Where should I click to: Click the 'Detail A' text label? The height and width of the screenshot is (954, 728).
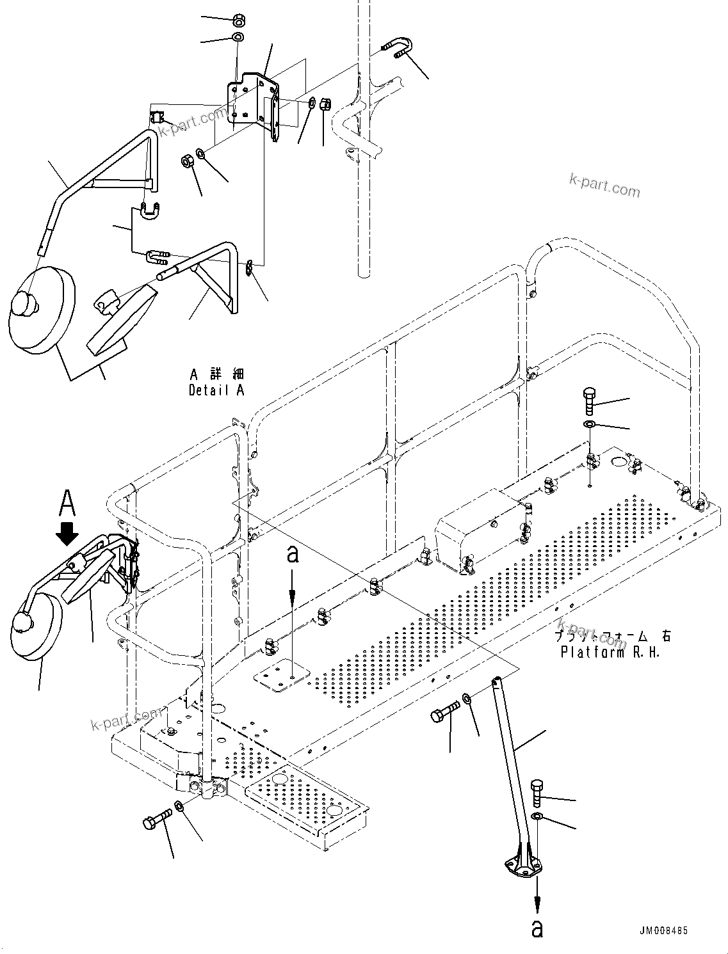coord(216,390)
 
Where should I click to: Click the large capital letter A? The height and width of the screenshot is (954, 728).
coord(67,503)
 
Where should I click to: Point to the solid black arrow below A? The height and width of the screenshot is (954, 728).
coord(67,532)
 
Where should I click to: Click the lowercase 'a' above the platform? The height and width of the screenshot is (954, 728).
coord(292,555)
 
